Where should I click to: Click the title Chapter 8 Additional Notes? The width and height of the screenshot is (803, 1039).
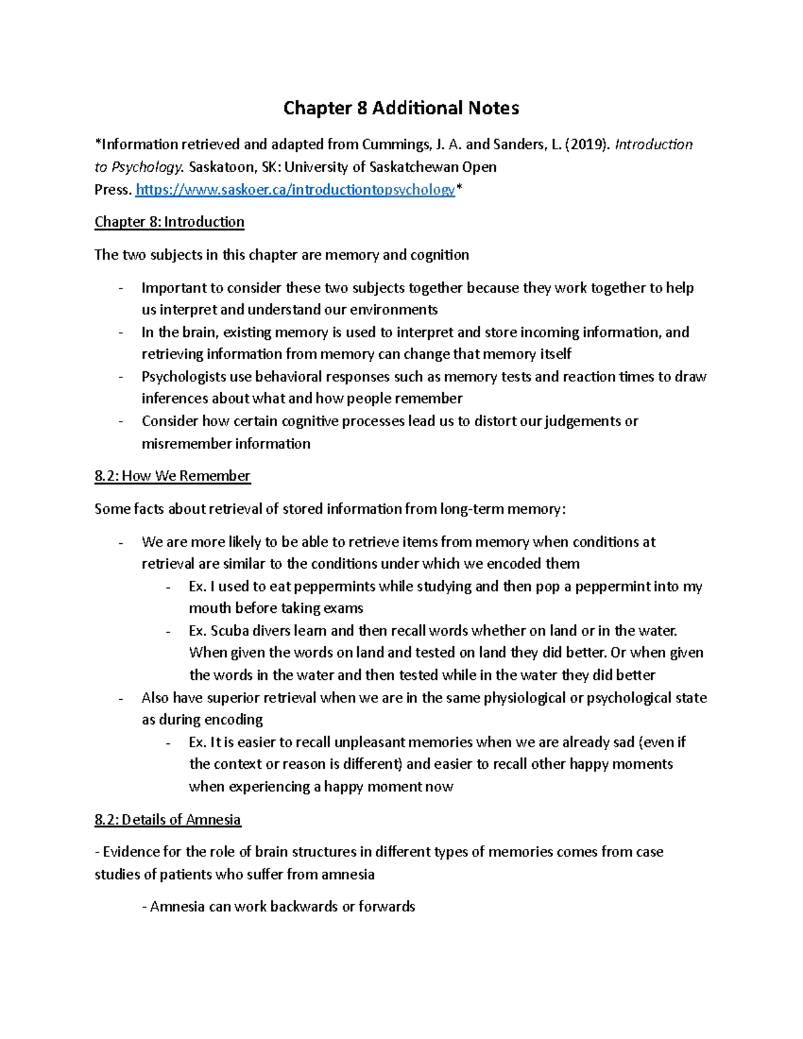(401, 108)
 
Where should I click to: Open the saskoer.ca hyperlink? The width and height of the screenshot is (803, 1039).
(294, 190)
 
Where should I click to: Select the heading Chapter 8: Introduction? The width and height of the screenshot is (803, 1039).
(169, 222)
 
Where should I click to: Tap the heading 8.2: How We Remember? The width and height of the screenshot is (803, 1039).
(172, 476)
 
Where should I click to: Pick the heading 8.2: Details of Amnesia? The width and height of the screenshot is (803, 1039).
(167, 820)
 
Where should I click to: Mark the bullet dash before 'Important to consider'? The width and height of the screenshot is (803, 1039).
(120, 289)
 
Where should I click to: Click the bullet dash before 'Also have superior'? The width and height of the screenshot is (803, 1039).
(120, 698)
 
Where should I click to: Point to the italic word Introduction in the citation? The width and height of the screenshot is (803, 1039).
(653, 145)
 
